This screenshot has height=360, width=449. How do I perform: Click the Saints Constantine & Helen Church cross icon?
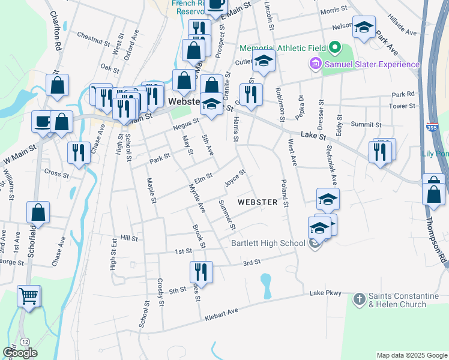[x=359, y=298]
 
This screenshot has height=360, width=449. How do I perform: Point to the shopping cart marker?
[x=29, y=296]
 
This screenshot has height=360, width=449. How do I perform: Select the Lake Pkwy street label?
[x=325, y=293]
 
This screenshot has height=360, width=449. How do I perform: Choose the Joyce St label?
[x=235, y=178]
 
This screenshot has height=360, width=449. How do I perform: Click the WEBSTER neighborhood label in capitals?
[x=258, y=202]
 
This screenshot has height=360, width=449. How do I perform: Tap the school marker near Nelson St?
[x=364, y=27]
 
